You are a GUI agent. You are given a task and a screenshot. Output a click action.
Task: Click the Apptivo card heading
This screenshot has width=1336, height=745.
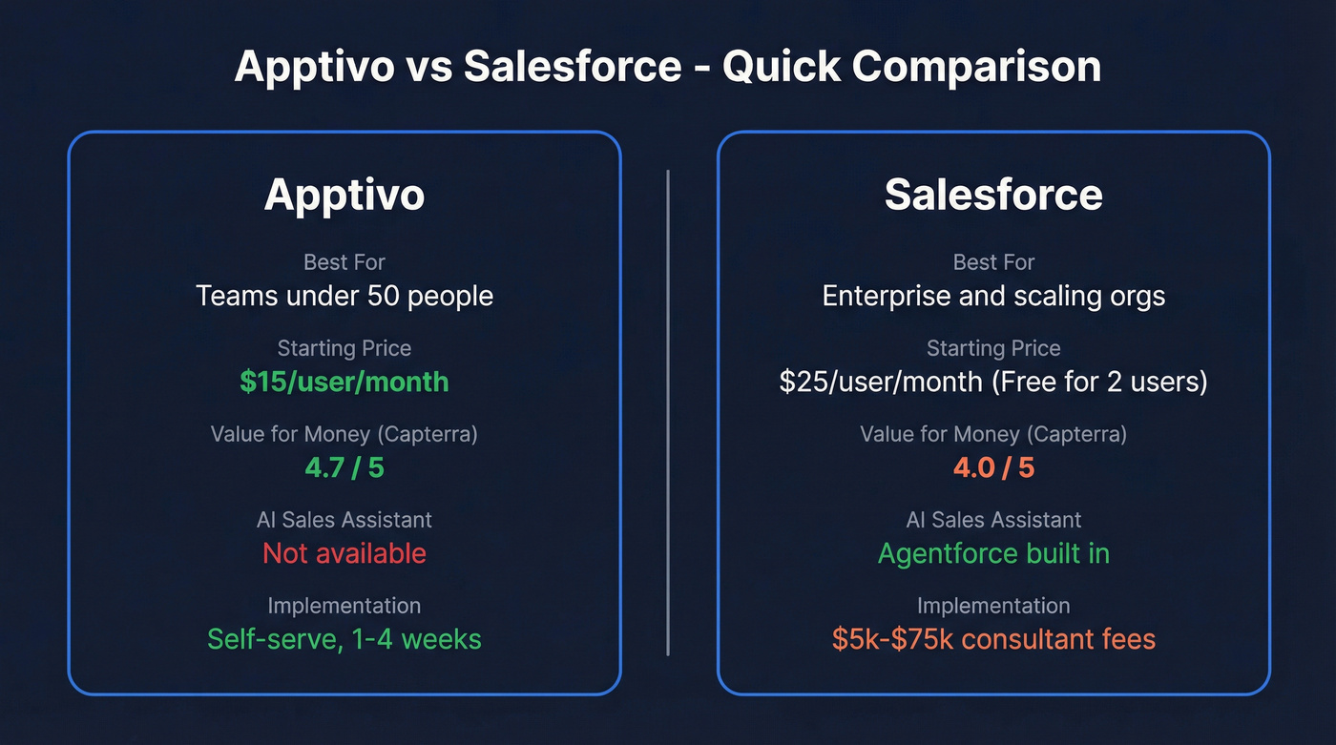tap(344, 195)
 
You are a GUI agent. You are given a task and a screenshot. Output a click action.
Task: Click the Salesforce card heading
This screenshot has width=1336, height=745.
tap(993, 195)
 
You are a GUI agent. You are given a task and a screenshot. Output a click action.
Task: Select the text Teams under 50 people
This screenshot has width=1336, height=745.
tap(344, 296)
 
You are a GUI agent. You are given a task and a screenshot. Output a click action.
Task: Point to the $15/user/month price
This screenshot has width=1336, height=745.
tap(344, 382)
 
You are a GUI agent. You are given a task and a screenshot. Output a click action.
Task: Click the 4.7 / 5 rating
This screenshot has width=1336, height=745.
tap(344, 467)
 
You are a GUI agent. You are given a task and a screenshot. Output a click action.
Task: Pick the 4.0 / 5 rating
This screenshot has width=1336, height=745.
tap(993, 467)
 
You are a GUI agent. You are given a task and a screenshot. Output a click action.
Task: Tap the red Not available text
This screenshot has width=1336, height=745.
tap(344, 553)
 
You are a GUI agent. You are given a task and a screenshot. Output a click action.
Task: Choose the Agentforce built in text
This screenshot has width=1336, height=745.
tap(993, 553)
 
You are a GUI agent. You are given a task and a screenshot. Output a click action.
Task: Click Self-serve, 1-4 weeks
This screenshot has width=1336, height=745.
tap(344, 638)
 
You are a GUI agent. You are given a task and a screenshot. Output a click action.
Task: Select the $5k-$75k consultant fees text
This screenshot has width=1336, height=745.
tap(993, 638)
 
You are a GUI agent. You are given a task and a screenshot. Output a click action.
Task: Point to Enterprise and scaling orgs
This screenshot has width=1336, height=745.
tap(993, 296)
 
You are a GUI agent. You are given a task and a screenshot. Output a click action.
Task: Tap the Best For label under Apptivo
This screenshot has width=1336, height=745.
tap(344, 262)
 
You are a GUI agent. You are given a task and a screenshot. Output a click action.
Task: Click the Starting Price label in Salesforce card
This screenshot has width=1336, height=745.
tap(993, 348)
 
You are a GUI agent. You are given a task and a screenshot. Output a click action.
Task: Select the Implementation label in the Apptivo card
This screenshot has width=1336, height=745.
tap(344, 606)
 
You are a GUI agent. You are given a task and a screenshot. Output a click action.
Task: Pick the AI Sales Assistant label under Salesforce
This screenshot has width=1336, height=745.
tap(993, 520)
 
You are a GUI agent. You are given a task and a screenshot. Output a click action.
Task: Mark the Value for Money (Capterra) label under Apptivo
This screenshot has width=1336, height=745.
tap(344, 434)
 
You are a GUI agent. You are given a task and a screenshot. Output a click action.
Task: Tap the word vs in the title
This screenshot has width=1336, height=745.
tap(428, 67)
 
